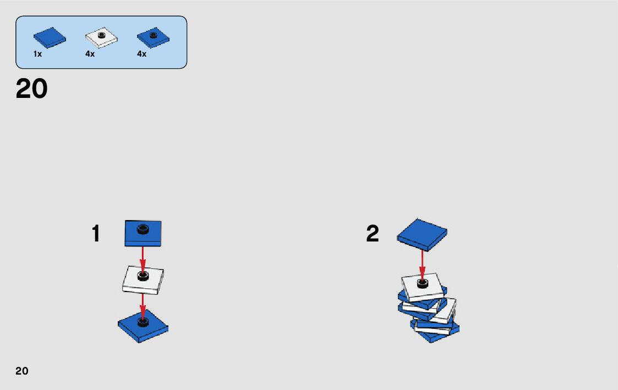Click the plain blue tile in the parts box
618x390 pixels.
click(50, 37)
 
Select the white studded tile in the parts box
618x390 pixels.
click(102, 38)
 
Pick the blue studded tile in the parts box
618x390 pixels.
click(153, 37)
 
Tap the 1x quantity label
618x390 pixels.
click(37, 54)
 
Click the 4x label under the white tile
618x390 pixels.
click(90, 54)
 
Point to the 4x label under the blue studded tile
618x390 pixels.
click(141, 54)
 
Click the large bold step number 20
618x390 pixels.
click(32, 89)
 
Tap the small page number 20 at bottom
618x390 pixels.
click(22, 371)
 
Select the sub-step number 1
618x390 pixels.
click(96, 234)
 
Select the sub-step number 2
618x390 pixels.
click(373, 234)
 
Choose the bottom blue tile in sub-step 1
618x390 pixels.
click(143, 327)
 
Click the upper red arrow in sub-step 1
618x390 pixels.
click(143, 257)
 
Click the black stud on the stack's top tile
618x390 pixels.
click(423, 283)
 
